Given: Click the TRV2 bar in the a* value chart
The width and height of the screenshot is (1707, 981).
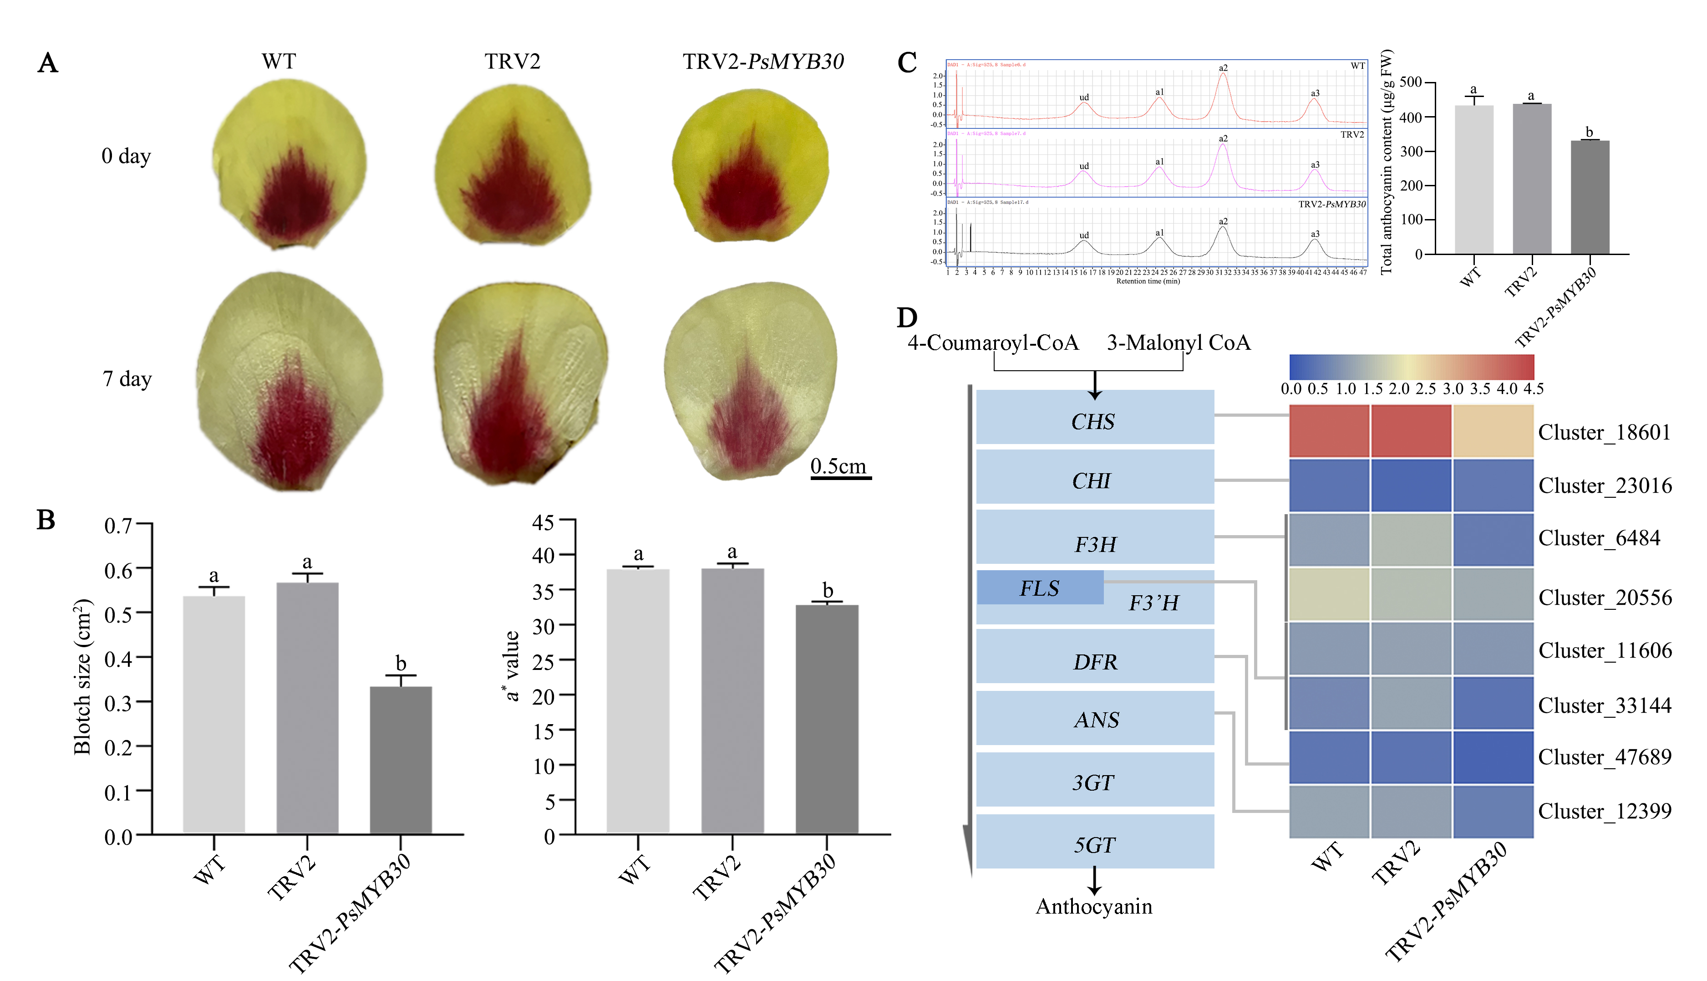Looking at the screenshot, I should click(732, 701).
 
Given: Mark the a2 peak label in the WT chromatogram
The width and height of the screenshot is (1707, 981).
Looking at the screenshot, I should click(1223, 68).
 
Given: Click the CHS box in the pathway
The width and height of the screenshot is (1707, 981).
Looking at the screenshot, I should click(1094, 421).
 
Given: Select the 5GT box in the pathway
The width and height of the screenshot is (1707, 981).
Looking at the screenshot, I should click(1094, 844).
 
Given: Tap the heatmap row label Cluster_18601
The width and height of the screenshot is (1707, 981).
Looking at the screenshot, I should click(1604, 432).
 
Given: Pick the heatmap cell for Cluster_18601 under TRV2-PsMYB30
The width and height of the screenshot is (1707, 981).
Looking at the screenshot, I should click(1493, 431).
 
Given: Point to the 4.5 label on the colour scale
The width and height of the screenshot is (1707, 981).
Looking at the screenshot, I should click(1533, 389).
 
